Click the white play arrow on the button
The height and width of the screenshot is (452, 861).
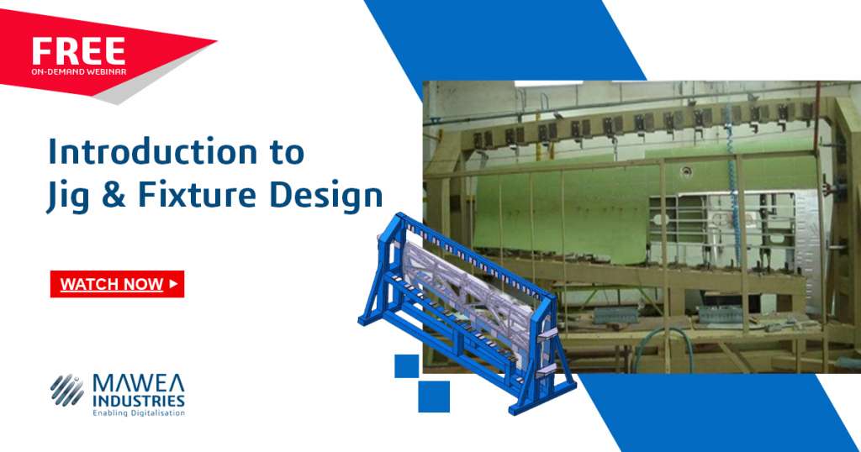(x=173, y=284)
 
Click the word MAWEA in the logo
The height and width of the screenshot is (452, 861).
(x=139, y=384)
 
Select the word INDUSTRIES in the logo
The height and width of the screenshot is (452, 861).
(x=139, y=401)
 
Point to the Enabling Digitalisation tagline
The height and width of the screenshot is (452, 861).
(x=139, y=413)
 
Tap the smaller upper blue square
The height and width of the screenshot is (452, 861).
(x=406, y=365)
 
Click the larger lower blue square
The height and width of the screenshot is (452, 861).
(x=434, y=396)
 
